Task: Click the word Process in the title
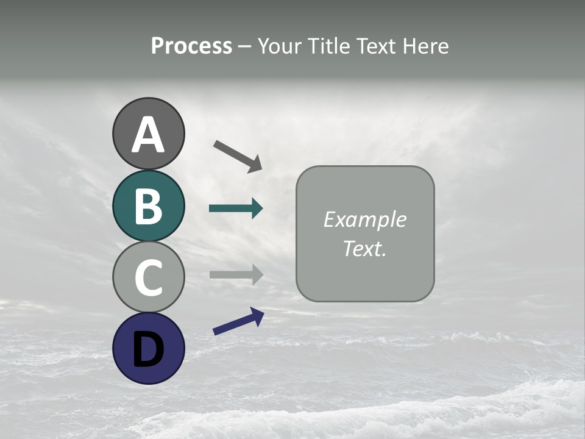pyautogui.click(x=191, y=46)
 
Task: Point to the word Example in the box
pyautogui.click(x=364, y=220)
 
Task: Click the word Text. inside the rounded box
pyautogui.click(x=364, y=248)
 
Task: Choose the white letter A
pyautogui.click(x=148, y=135)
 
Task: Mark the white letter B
pyautogui.click(x=148, y=206)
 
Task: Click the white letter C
pyautogui.click(x=148, y=277)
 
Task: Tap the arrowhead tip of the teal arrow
pyautogui.click(x=262, y=209)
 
